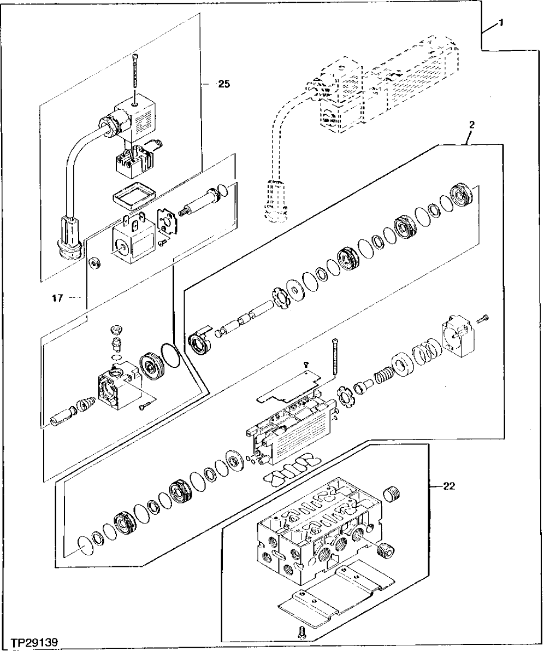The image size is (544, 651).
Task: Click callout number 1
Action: click(501, 24)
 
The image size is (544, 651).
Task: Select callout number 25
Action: click(224, 84)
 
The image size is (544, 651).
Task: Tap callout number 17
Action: click(58, 298)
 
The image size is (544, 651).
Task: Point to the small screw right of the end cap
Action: click(482, 317)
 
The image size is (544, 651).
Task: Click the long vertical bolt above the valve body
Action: click(334, 358)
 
